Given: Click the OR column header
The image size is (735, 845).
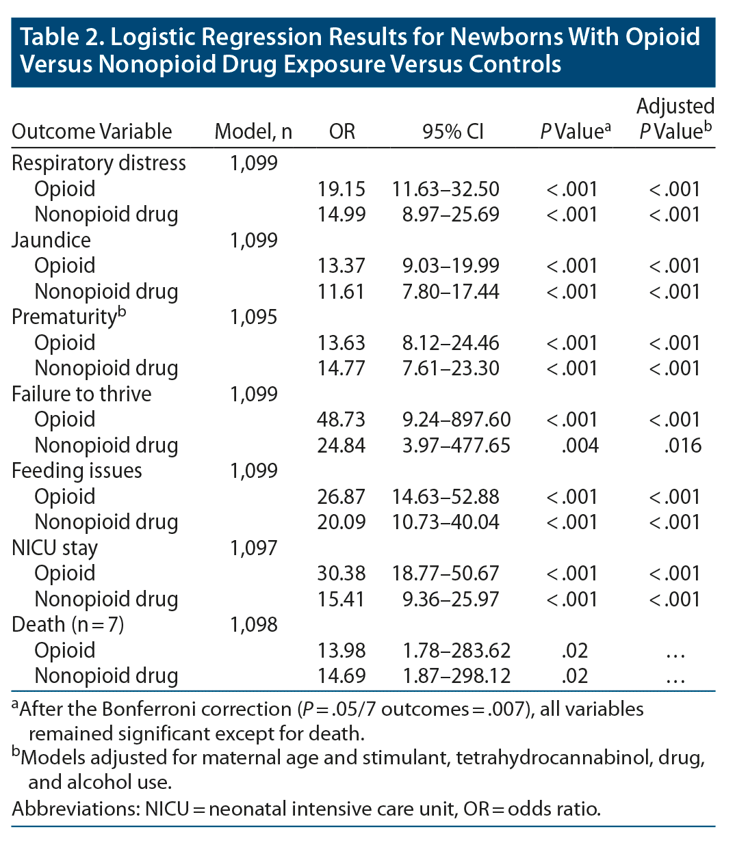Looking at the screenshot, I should click(342, 131).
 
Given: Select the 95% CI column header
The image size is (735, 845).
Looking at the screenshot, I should click(452, 131).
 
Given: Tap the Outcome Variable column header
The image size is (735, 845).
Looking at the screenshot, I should click(92, 131).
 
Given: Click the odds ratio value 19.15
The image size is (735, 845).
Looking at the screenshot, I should click(341, 189).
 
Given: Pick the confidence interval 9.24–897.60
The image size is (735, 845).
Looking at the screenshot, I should click(456, 419).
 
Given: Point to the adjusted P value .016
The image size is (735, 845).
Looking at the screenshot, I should click(682, 445).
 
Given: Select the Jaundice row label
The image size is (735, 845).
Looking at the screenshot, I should click(51, 240).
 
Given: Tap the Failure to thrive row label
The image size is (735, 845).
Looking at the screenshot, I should click(81, 394).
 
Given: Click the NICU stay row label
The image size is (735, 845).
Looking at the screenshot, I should click(55, 548).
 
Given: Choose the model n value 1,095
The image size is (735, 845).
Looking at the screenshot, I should click(253, 317).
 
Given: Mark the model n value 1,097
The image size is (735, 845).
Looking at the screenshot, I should click(253, 548).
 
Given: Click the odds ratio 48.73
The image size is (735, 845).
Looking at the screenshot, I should click(341, 419).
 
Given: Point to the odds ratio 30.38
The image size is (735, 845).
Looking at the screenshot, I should click(341, 573).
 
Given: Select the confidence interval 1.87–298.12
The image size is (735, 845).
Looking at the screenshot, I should click(456, 675).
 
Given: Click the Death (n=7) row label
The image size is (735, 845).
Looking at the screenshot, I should click(68, 624).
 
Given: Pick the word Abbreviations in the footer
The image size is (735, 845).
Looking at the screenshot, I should click(75, 809).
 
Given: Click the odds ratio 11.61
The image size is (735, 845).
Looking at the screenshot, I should click(341, 291).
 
